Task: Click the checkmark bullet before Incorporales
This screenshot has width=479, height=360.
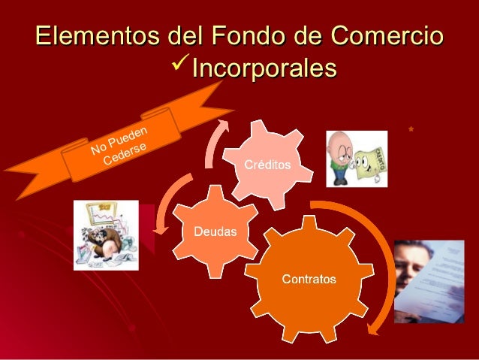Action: click(x=181, y=68)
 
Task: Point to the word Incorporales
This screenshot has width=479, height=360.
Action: click(x=264, y=69)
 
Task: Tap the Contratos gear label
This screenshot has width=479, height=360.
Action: click(x=309, y=280)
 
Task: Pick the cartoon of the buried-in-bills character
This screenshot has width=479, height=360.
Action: click(x=106, y=234)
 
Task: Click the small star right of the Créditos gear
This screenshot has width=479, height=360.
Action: click(x=410, y=132)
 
